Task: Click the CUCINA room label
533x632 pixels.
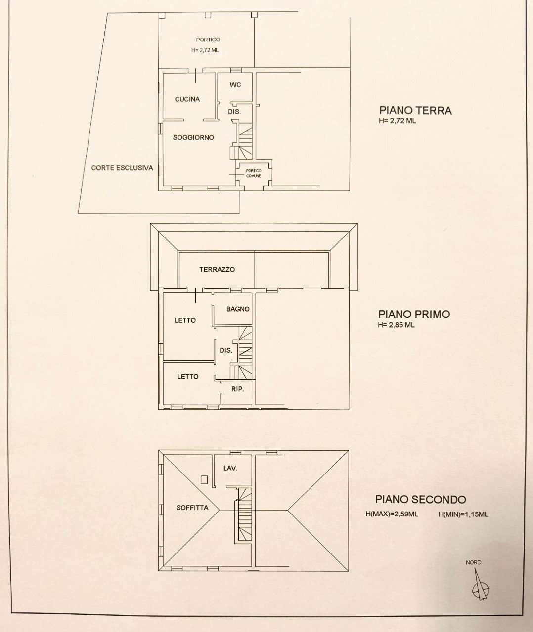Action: tap(187, 99)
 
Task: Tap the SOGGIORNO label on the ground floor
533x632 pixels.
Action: tap(193, 138)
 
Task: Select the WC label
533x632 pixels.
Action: tap(235, 85)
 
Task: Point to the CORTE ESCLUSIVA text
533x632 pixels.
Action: tap(122, 168)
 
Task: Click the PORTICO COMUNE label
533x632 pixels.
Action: tap(254, 173)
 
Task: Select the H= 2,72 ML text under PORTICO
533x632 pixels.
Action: tap(205, 50)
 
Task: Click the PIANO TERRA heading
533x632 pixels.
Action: tap(415, 110)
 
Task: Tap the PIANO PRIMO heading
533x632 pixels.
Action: tap(414, 314)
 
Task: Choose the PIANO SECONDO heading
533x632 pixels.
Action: tap(420, 500)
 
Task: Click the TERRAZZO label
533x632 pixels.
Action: tap(217, 270)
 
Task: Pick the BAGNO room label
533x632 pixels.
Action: tap(238, 309)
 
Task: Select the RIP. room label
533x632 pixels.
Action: tap(238, 389)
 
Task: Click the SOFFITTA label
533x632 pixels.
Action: tap(192, 508)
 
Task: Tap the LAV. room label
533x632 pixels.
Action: tap(230, 468)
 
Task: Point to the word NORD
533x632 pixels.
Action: tap(473, 562)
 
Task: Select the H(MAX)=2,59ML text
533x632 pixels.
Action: tap(392, 514)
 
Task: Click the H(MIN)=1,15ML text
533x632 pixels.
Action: tap(463, 514)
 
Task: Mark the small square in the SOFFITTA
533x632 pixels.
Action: tap(204, 478)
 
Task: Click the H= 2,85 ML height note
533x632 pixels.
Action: tap(396, 325)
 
